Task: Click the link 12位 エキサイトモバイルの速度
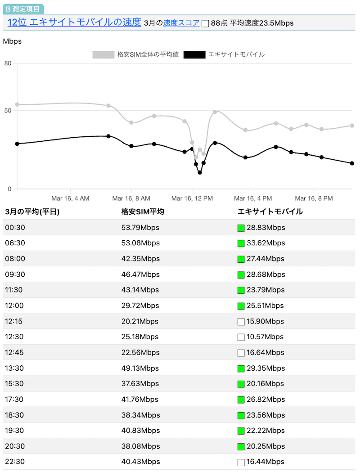coord(74,22)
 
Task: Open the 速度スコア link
coord(181,23)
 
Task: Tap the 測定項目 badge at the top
coord(23,9)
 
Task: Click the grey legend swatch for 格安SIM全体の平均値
coord(103,55)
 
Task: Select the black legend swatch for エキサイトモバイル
coord(194,55)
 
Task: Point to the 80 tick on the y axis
coord(8,63)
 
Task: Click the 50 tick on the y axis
coord(8,111)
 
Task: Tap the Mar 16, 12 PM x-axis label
coord(192,198)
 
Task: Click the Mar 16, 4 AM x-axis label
coord(70,198)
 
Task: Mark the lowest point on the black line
coord(200,172)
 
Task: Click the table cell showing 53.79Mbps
coord(140,228)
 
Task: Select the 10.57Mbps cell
coord(265,337)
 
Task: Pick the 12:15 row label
coord(15,321)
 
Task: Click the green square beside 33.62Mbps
coord(241,243)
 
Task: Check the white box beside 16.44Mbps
coord(241,462)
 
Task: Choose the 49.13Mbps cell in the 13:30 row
coord(140,368)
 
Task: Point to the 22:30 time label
coord(15,462)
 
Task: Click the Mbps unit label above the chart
coord(12,41)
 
